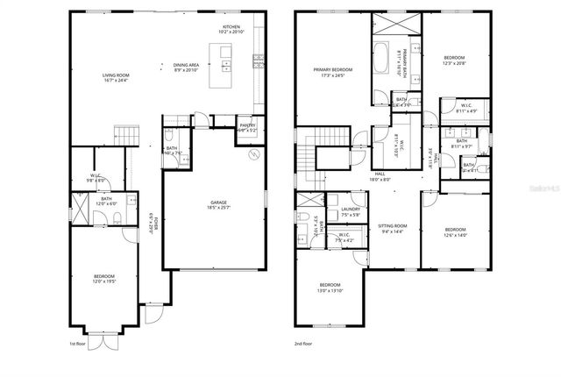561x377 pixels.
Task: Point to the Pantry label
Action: pyautogui.click(x=247, y=125)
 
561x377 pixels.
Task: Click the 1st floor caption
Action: pyautogui.click(x=78, y=345)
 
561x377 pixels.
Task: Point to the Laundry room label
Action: pyautogui.click(x=351, y=210)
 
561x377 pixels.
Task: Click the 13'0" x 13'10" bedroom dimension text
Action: pyautogui.click(x=330, y=290)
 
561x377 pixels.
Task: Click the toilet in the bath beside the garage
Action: pyautogui.click(x=167, y=137)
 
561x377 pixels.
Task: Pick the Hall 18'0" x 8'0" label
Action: pyautogui.click(x=380, y=177)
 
